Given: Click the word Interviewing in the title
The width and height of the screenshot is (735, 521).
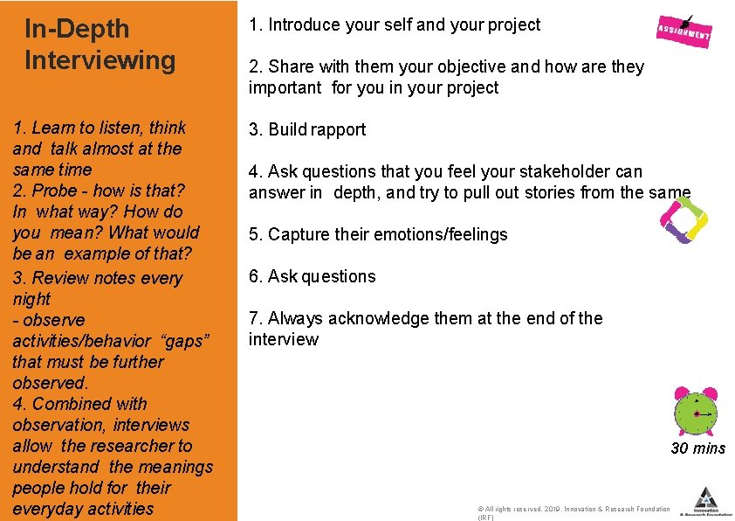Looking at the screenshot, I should [100, 60].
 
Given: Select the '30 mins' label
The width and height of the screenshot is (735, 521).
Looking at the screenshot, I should [697, 448].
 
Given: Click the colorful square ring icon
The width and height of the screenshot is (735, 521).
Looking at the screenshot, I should [683, 221].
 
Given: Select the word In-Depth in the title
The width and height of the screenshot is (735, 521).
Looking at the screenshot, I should [77, 29].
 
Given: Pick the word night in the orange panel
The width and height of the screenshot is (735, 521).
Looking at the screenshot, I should [31, 299].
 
